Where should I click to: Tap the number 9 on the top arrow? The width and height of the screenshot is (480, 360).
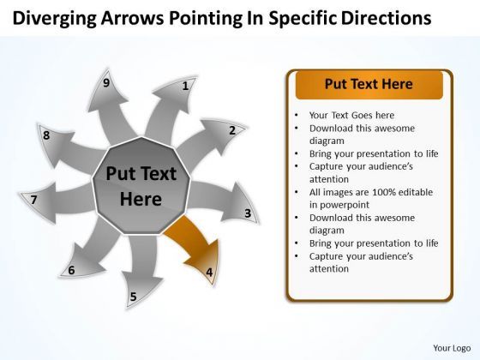[106, 83]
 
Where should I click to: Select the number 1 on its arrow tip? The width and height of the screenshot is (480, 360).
[185, 86]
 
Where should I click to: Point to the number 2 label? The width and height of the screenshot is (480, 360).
[232, 130]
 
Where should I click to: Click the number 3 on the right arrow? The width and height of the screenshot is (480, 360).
[248, 213]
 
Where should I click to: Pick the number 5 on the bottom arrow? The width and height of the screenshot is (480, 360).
[133, 297]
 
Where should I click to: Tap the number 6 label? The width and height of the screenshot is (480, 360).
[71, 270]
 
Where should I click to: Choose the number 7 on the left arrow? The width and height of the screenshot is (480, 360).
[33, 200]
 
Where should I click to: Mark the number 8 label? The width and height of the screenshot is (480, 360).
[46, 135]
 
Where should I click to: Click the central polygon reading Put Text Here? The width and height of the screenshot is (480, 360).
[141, 186]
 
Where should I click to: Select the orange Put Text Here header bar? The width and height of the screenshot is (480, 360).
[369, 85]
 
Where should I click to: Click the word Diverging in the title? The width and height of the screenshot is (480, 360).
[55, 18]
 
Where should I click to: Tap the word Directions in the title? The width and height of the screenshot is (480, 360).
[387, 18]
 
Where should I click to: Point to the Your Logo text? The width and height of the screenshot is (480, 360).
[452, 348]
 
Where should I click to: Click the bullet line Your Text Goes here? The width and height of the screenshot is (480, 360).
[351, 116]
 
